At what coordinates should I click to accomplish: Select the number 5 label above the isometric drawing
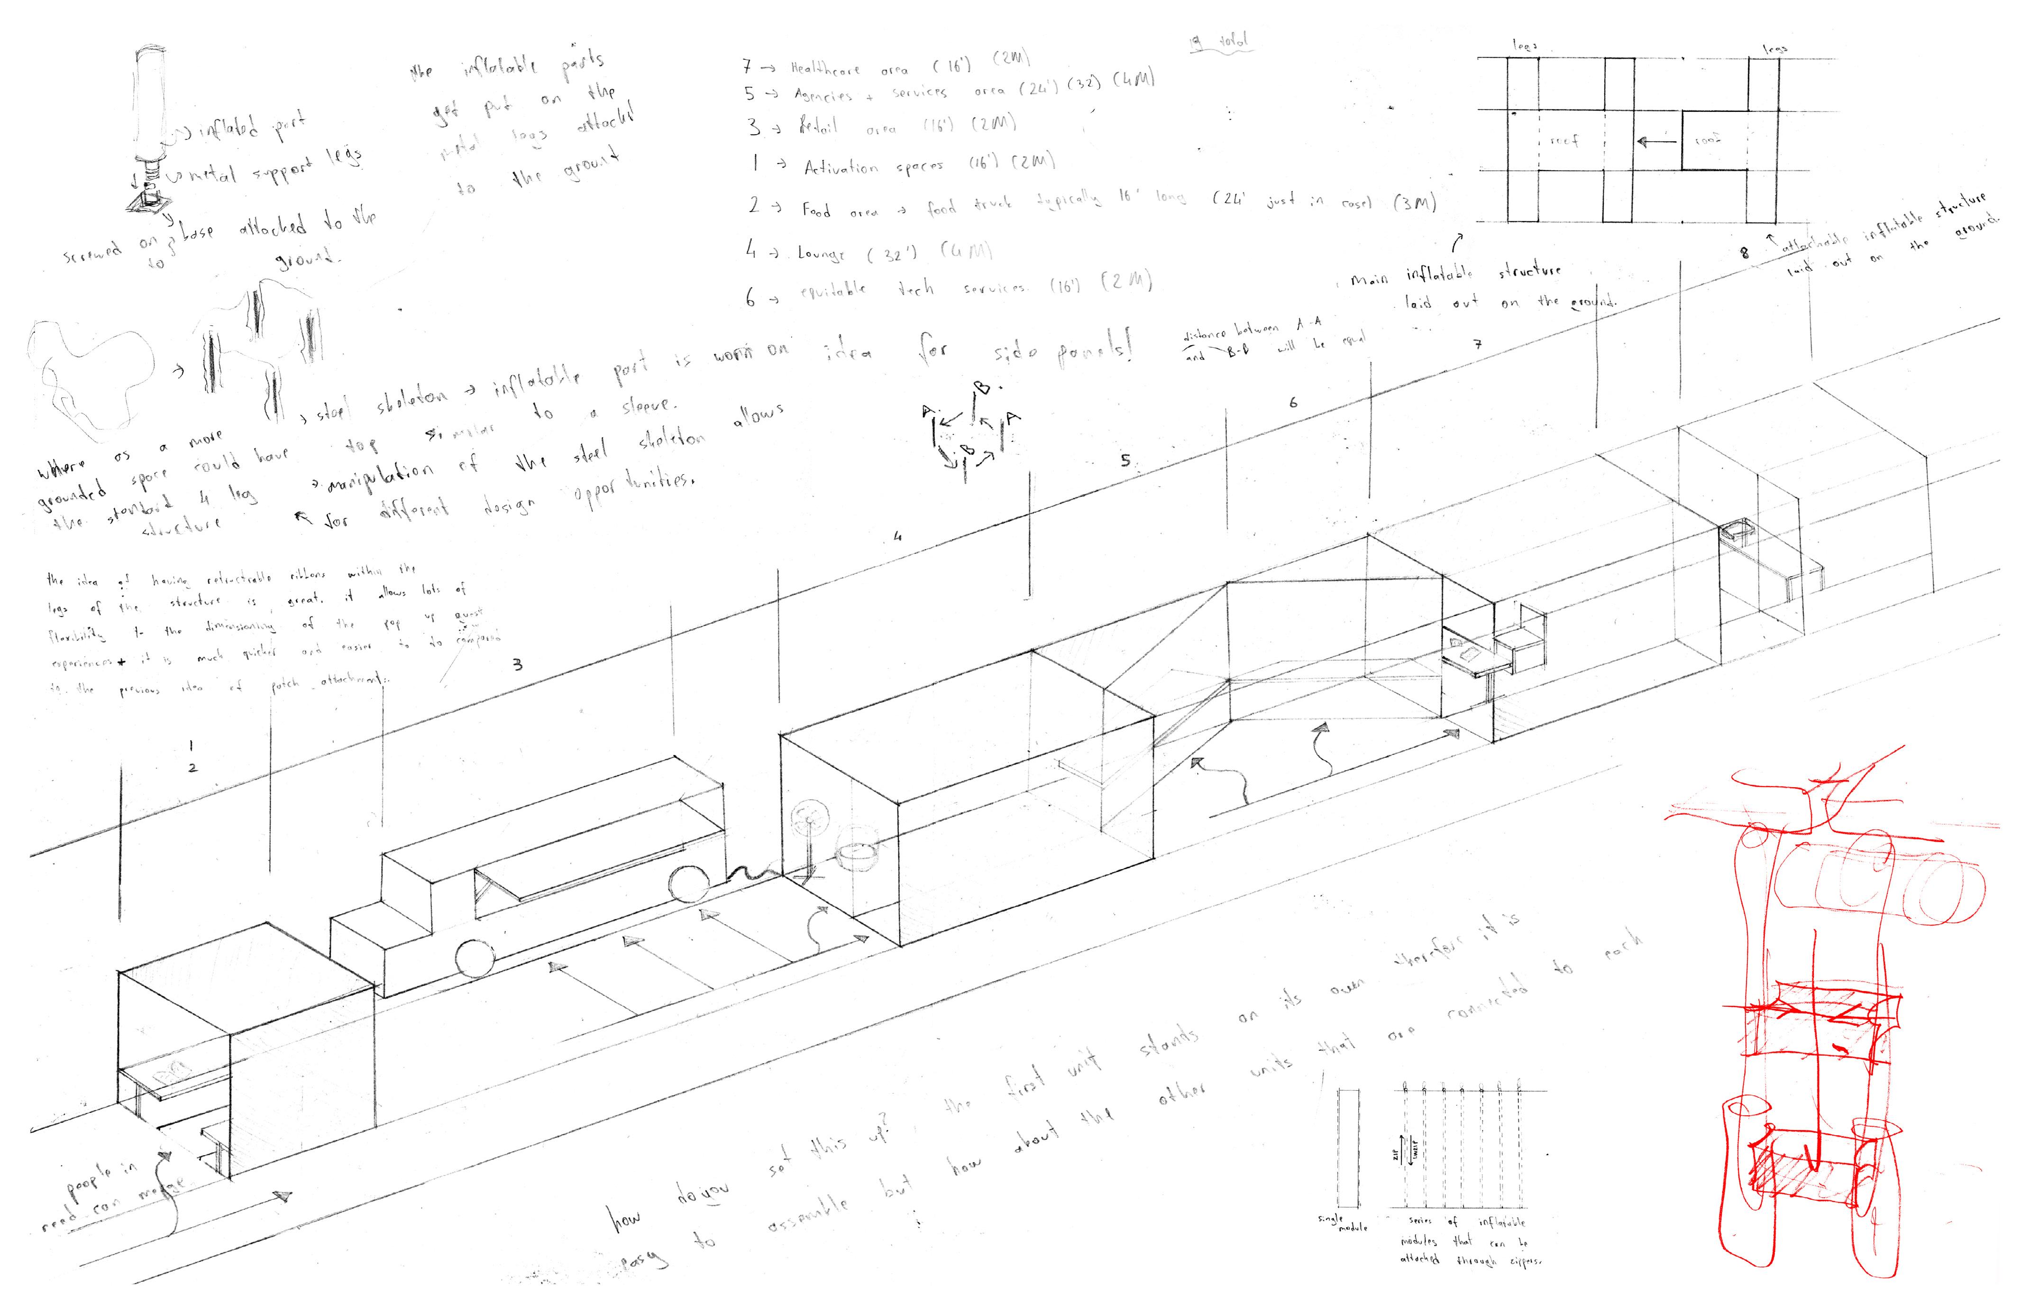(x=1126, y=461)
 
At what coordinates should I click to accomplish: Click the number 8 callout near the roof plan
(x=1744, y=253)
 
